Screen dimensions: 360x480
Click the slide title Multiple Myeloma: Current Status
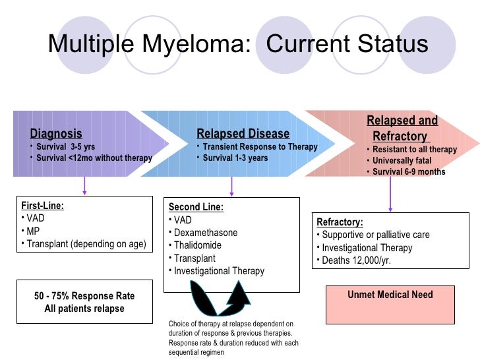[238, 45]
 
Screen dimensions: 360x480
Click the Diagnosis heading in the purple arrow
[56, 134]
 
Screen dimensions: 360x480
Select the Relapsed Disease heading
[243, 134]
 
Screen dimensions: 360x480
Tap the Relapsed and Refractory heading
[402, 129]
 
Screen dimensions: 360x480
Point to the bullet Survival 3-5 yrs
[66, 146]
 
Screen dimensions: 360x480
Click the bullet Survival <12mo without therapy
[94, 158]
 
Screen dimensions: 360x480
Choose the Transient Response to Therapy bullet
[260, 147]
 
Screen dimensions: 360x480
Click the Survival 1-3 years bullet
[235, 158]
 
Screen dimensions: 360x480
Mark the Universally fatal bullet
[402, 160]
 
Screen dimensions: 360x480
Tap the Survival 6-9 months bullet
[409, 172]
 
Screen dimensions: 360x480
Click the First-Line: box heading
[43, 205]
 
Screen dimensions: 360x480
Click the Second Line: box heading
[196, 207]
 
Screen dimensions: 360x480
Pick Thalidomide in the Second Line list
[198, 245]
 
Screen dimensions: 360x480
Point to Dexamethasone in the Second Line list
[206, 233]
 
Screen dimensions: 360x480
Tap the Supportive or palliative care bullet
[375, 235]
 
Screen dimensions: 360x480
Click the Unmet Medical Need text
[390, 295]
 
